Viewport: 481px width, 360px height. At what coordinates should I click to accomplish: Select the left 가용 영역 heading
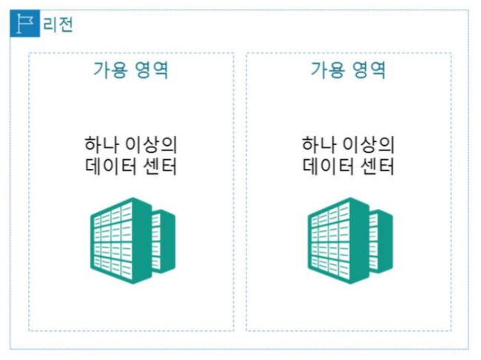[x=131, y=71]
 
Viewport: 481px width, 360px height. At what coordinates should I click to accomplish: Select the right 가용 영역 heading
[x=349, y=71]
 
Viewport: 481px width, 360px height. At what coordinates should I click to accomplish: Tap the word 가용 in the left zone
[x=110, y=71]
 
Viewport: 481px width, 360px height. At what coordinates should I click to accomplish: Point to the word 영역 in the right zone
[x=369, y=71]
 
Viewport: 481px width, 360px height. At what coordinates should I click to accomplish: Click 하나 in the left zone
[x=101, y=143]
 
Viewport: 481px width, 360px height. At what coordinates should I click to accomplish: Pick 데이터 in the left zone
[x=109, y=166]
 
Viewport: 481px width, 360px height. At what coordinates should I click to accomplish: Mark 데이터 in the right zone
[x=326, y=166]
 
